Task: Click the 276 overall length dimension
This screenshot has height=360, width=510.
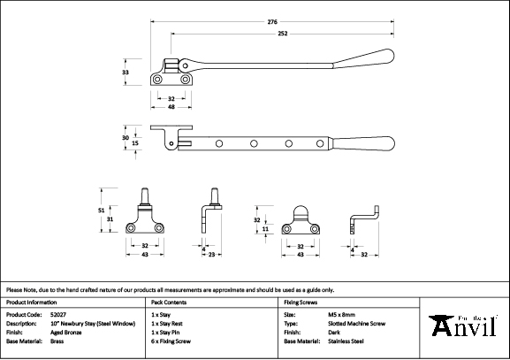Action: [272, 22]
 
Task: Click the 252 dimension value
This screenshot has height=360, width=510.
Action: [282, 34]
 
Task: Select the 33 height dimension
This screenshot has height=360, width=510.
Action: [126, 73]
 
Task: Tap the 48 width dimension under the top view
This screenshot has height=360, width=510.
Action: [171, 107]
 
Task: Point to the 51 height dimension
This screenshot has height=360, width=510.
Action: [101, 211]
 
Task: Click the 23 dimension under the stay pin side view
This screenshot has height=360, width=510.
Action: [212, 255]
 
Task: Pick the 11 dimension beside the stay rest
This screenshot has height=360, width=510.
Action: [265, 229]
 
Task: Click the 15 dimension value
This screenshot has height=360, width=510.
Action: [135, 143]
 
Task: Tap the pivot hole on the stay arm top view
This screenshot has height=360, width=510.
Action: [185, 65]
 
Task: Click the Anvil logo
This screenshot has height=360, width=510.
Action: [463, 326]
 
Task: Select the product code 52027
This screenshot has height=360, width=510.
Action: [58, 315]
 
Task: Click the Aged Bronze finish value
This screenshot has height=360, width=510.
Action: [66, 333]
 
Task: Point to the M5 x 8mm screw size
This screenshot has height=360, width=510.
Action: [341, 315]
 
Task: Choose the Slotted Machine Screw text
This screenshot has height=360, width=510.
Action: [357, 324]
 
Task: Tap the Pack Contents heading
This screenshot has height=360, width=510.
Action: [169, 303]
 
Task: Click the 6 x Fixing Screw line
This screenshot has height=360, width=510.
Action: [171, 341]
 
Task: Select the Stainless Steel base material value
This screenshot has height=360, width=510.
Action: [346, 341]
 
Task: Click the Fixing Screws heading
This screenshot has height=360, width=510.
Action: [301, 303]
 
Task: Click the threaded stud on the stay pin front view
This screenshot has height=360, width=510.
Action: [145, 196]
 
